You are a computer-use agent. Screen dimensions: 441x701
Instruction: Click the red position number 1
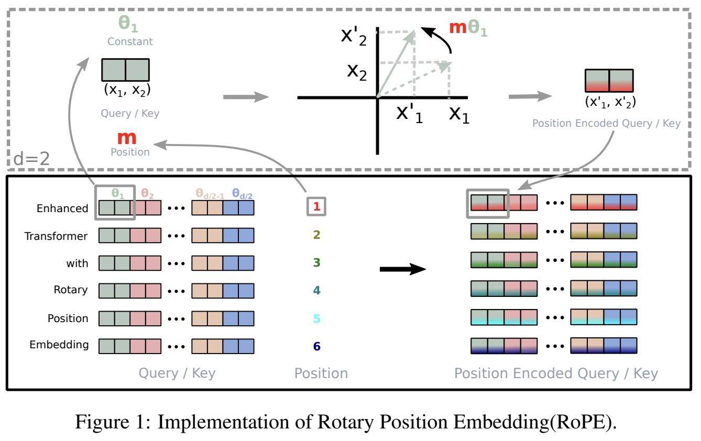coord(316,207)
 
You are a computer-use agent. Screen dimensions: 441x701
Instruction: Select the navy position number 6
coord(316,346)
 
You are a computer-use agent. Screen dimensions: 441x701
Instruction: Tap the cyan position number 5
coord(316,318)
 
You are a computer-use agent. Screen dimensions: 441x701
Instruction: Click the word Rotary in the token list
coord(71,290)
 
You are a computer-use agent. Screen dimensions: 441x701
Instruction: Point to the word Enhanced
coord(62,208)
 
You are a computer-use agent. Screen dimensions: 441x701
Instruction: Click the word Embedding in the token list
coord(59,345)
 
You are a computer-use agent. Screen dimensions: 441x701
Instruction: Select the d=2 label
coord(31,158)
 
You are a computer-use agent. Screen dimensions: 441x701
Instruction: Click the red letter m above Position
coord(127,138)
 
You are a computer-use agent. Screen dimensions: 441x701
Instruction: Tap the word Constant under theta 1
coord(130,41)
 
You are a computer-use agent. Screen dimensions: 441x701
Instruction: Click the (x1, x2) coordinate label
coord(127,90)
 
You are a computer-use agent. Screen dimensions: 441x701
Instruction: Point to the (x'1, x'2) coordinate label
coord(610,102)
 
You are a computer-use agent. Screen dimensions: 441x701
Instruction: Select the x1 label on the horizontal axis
coord(459,114)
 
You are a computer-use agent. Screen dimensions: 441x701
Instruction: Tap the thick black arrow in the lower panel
coord(402,269)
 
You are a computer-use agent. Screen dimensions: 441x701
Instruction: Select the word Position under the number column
coord(321,373)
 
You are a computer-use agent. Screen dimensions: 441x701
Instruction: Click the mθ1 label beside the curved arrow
coord(468,28)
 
